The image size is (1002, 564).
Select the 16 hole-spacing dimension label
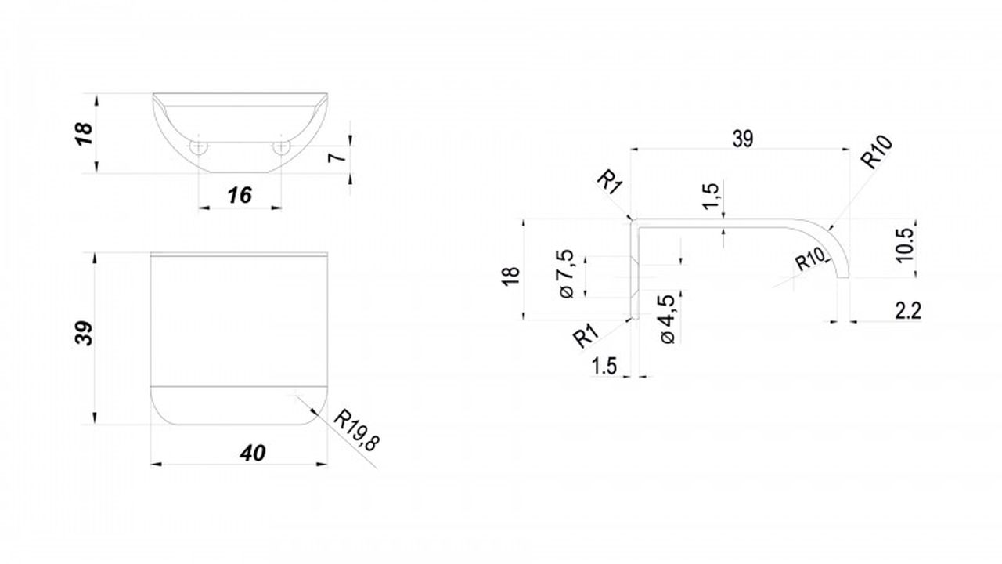point(240,195)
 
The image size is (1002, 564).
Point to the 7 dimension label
point(337,157)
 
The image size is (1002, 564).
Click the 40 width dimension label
point(253,454)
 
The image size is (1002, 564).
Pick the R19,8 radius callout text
point(356,430)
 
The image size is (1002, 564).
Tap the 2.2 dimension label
point(908,311)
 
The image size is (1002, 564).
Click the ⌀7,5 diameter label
point(566,274)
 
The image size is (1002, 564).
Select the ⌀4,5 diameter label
point(667,319)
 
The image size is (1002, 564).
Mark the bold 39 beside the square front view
point(84,333)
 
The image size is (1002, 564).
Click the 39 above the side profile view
point(743,139)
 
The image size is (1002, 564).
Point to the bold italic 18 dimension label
point(84,133)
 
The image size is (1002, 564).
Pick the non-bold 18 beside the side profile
point(511,276)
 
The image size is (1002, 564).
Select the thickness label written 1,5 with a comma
point(711,196)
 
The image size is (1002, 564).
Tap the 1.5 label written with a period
point(604,366)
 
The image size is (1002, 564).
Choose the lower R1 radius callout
point(586,337)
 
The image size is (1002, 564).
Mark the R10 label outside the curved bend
point(878,152)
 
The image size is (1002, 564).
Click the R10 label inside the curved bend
point(810,259)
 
